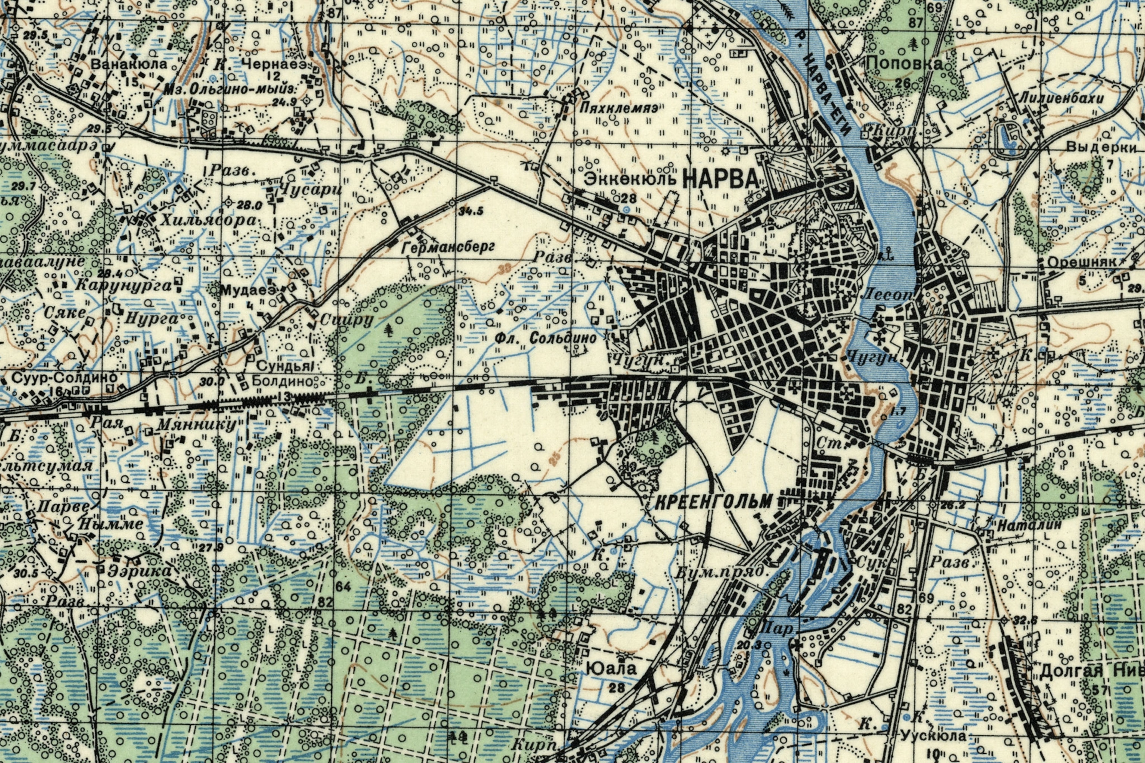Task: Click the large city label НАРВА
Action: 721,179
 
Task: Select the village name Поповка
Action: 904,64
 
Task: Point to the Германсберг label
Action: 448,247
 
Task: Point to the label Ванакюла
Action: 129,64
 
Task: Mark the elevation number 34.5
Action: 470,211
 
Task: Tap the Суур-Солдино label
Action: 64,377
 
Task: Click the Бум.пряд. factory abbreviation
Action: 716,572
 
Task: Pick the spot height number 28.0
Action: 249,205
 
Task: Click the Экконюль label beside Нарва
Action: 631,179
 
